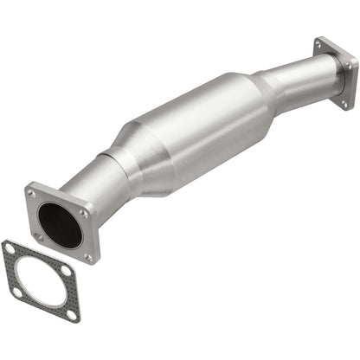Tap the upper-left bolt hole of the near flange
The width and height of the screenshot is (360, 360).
click(33, 195)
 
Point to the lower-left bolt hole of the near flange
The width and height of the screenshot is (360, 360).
click(39, 237)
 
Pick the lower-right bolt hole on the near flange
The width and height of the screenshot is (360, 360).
click(87, 257)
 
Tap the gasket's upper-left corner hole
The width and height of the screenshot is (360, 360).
click(10, 249)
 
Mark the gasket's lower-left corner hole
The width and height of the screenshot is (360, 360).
click(17, 292)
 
